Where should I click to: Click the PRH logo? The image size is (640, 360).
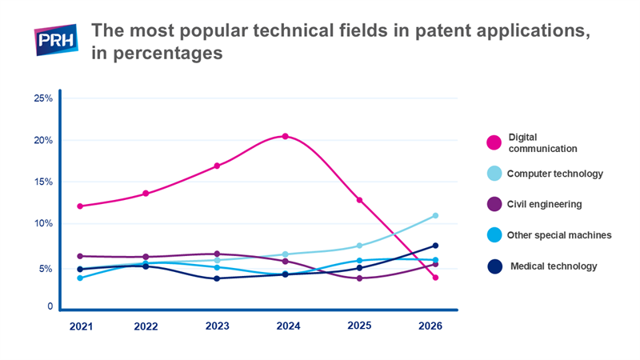pos(56,39)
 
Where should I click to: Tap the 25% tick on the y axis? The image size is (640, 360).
pos(43,98)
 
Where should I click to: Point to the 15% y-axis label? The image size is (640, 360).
pos(43,182)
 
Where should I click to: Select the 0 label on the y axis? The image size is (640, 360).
pos(50,306)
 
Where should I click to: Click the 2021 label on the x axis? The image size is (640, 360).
pos(81,326)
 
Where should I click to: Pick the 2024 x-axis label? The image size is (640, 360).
pos(288,326)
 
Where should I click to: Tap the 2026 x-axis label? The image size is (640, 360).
pos(430,326)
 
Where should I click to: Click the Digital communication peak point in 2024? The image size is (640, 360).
pos(286,136)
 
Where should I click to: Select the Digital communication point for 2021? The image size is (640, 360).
pos(80,206)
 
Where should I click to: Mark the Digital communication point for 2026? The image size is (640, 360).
pos(435,278)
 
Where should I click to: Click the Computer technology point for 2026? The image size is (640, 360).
pos(435,215)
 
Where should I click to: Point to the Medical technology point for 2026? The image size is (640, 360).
pos(435,246)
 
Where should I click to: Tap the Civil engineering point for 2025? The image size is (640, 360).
pos(359,278)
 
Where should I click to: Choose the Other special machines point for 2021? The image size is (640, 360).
pos(80,278)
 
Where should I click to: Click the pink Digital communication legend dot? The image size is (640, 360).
pos(494,142)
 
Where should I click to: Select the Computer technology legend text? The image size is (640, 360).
pos(555,174)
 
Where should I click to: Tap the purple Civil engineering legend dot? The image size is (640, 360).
pos(494,204)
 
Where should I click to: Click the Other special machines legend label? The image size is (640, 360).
pos(559,235)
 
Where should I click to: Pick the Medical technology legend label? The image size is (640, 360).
pos(554,266)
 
